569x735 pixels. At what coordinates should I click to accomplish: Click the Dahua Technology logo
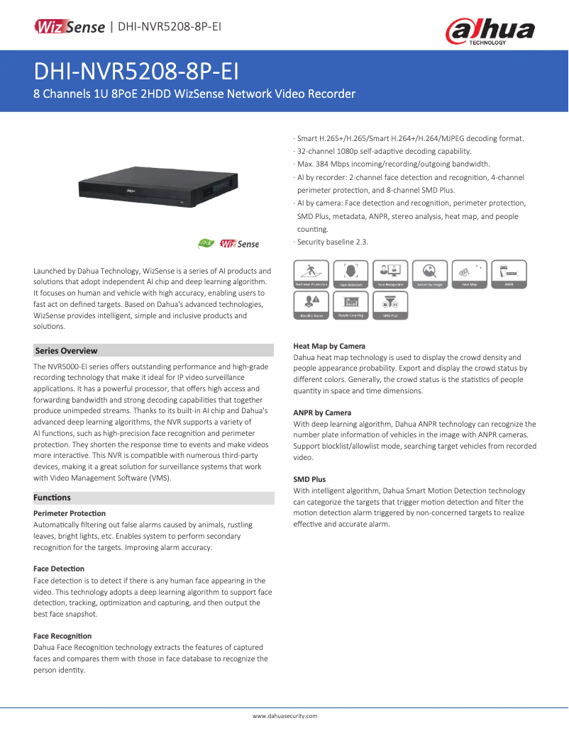[490, 31]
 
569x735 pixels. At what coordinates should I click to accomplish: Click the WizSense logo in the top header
[70, 27]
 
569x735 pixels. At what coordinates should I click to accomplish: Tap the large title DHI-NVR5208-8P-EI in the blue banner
[136, 72]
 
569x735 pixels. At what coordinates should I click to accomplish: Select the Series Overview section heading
[67, 351]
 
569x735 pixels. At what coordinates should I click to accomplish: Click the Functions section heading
[53, 498]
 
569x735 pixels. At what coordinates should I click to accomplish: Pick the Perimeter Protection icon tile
[311, 274]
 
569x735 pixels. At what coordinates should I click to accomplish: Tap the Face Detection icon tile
[350, 274]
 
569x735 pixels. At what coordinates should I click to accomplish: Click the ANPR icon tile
[509, 274]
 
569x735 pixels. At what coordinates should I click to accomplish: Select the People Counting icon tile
[350, 305]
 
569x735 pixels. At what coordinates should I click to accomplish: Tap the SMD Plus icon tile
[390, 305]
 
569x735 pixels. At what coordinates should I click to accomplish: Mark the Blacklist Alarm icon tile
[311, 305]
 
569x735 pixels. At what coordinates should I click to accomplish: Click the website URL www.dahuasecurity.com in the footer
[284, 716]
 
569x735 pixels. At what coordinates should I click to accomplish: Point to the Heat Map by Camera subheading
[329, 347]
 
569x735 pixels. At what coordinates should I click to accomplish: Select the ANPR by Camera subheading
[322, 413]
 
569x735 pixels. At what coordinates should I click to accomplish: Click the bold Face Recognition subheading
[62, 636]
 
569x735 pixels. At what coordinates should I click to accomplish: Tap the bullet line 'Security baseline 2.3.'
[332, 242]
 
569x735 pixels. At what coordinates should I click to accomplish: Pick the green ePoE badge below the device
[206, 244]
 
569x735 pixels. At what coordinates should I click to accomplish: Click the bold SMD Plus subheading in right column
[310, 479]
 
